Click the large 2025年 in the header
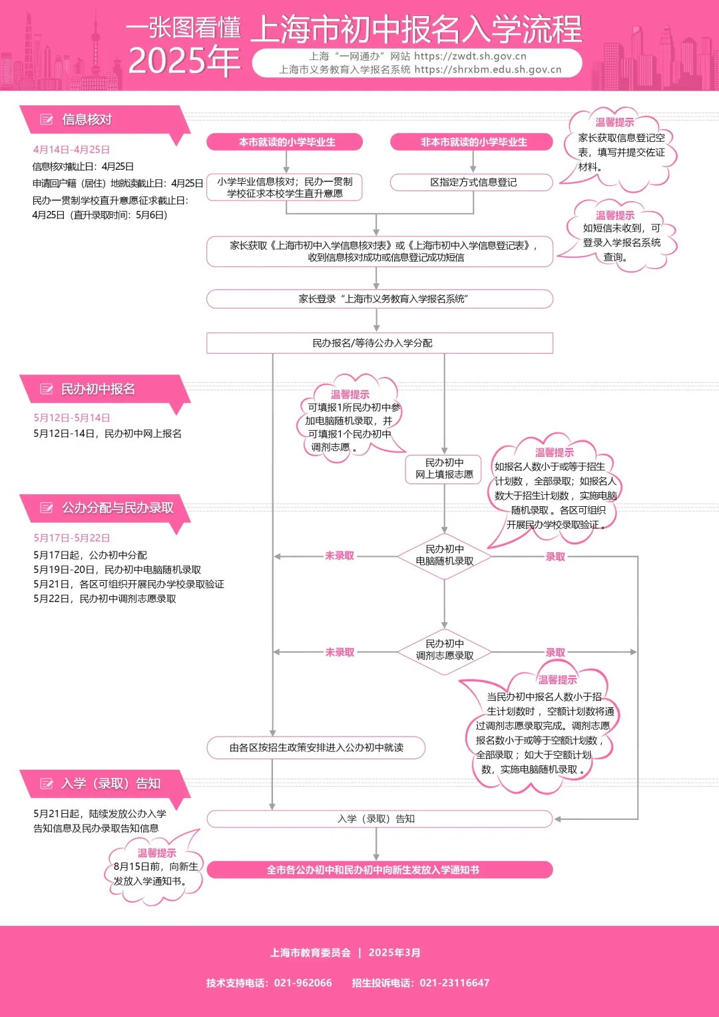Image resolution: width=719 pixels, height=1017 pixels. [x=184, y=61]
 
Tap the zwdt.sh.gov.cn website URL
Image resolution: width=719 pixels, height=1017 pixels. [x=470, y=57]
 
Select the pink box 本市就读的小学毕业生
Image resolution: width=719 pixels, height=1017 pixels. [x=286, y=142]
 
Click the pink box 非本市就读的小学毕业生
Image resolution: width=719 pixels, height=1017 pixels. [x=473, y=142]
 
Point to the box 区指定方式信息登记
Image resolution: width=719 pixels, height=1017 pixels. [x=473, y=182]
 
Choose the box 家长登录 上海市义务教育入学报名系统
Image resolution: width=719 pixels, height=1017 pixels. [x=379, y=299]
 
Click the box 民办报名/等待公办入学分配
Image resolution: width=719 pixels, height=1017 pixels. [x=379, y=343]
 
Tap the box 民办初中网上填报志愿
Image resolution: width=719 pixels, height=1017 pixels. [x=444, y=468]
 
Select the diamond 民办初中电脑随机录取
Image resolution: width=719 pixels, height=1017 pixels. [x=444, y=555]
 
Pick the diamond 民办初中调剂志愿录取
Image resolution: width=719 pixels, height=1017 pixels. [x=444, y=650]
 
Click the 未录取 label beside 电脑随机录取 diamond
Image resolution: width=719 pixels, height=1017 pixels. [x=340, y=556]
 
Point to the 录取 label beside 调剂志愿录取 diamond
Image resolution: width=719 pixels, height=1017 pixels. [x=555, y=653]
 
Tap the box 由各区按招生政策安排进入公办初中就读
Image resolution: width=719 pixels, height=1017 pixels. [x=316, y=748]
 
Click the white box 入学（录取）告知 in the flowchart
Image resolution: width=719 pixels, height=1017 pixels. [x=379, y=819]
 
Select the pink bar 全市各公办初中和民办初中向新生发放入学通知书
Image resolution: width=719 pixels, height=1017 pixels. [x=379, y=870]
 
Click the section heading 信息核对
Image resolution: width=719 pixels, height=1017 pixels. [x=87, y=120]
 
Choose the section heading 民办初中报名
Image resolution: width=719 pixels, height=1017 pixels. [x=98, y=390]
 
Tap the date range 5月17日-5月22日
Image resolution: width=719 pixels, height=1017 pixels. [x=72, y=538]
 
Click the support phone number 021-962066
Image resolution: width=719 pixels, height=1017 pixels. [x=303, y=983]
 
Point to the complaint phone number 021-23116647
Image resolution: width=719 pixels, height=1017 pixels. [x=455, y=983]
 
